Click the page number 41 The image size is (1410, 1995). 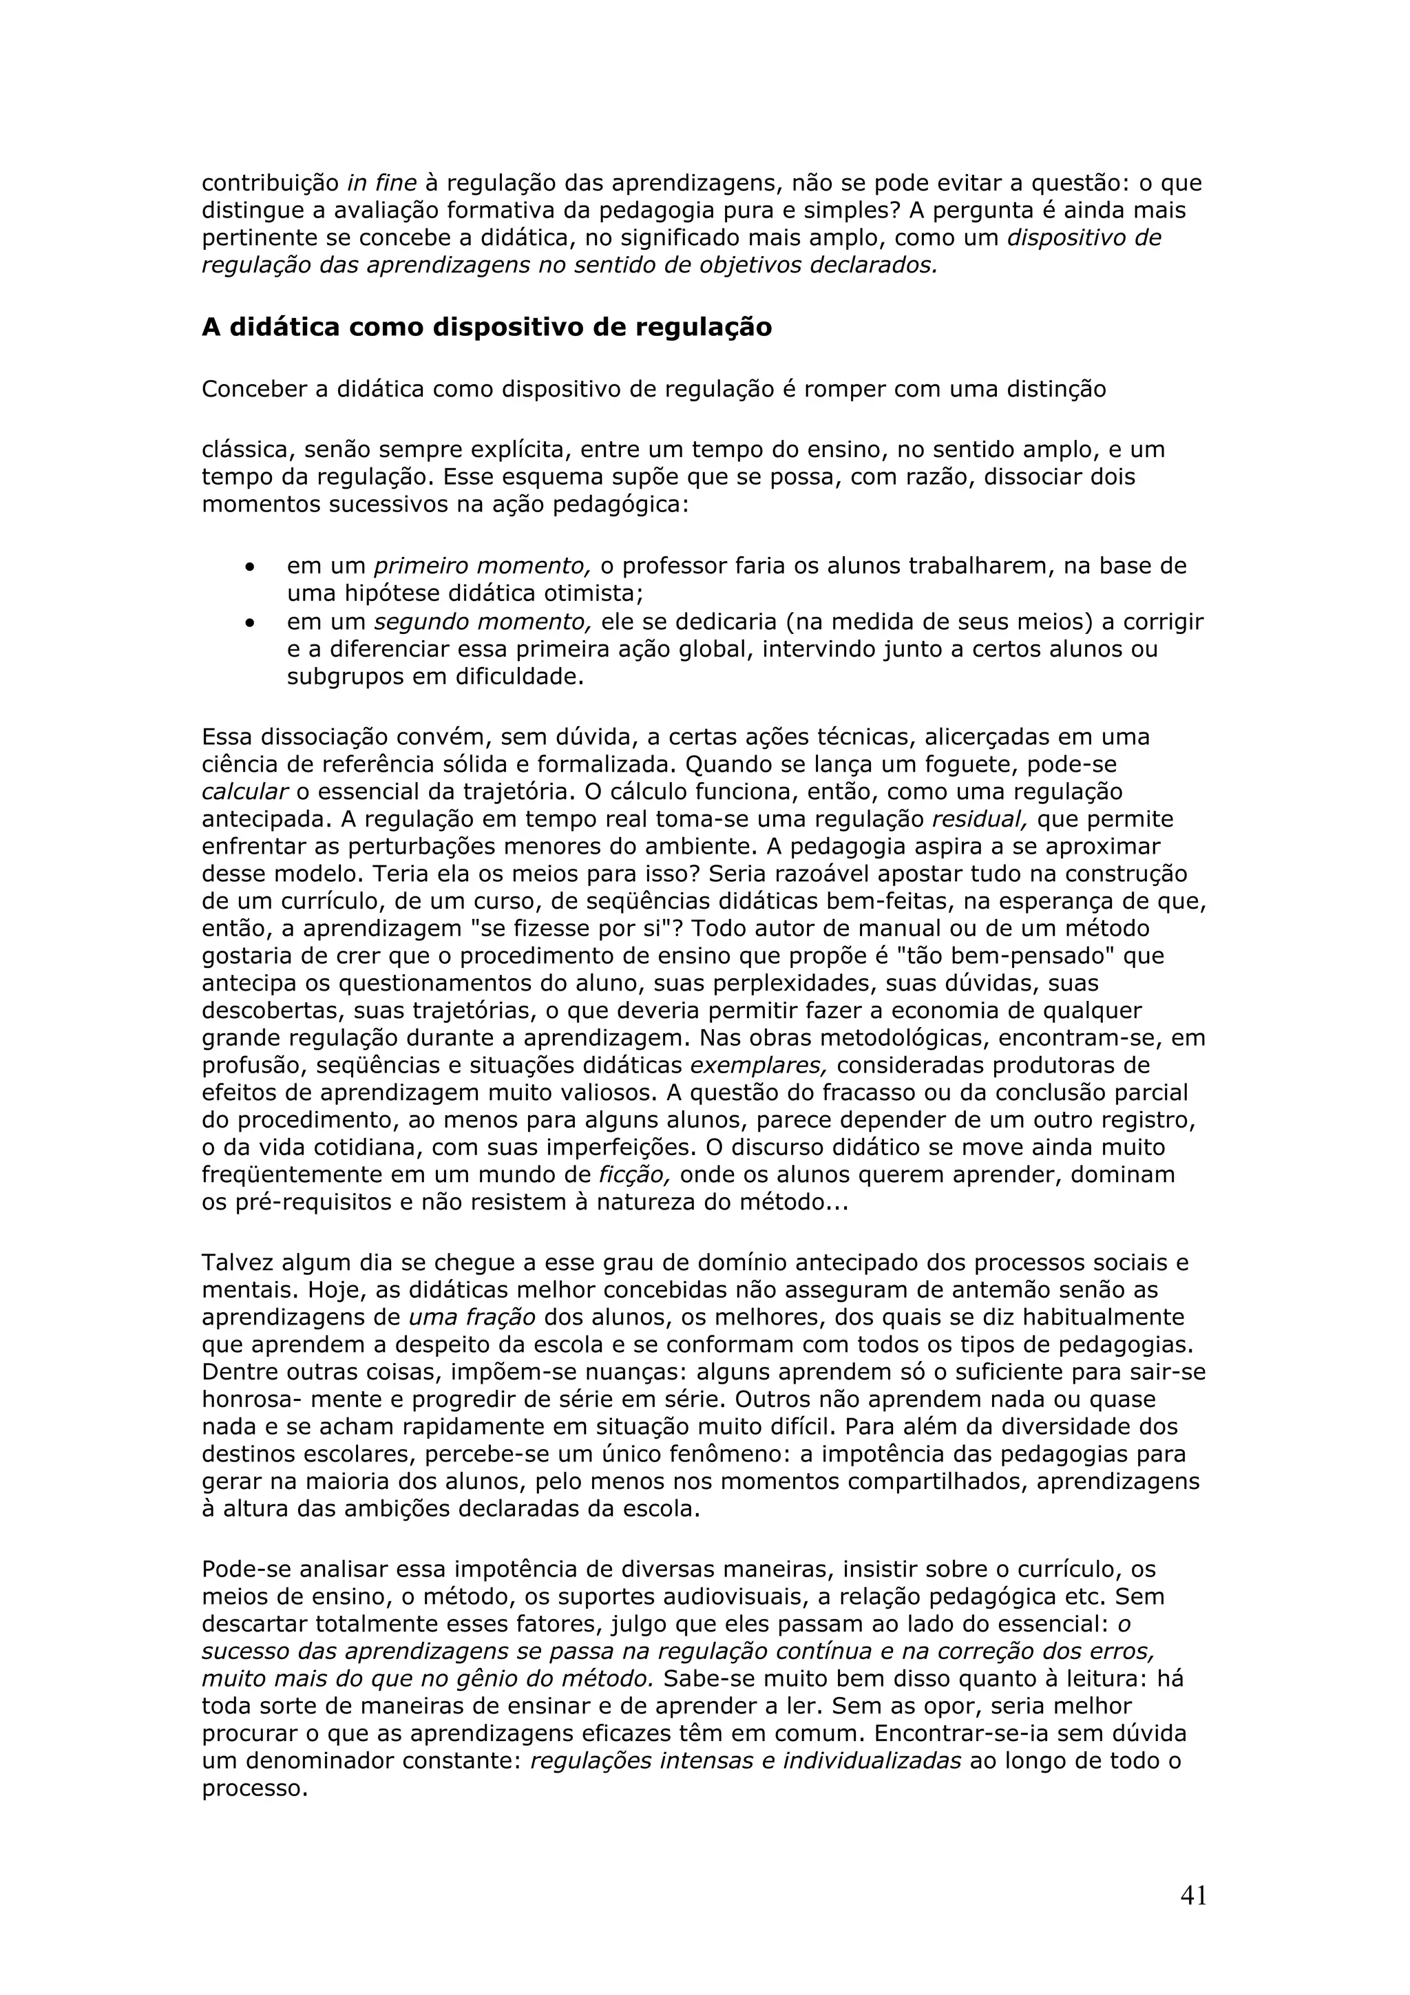pyautogui.click(x=1193, y=1895)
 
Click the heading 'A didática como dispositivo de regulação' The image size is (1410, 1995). pyautogui.click(x=487, y=328)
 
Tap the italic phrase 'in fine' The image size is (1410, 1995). pyautogui.click(x=381, y=183)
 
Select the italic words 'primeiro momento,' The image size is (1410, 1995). pyautogui.click(x=482, y=567)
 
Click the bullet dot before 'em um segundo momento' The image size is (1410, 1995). pyautogui.click(x=250, y=624)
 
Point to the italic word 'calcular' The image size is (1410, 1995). pyautogui.click(x=244, y=792)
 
